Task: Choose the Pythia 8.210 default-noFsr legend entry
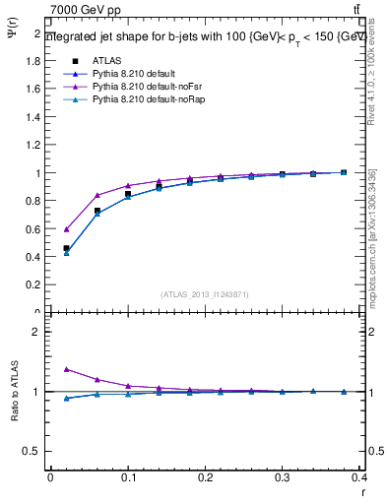coord(142,87)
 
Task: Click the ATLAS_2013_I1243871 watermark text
coord(205,294)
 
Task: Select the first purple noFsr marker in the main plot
coord(66,228)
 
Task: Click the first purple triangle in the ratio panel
coord(66,369)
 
